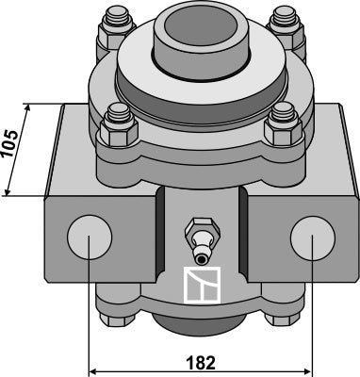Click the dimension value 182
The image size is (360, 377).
coord(201,363)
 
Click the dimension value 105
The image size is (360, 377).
coord(9,143)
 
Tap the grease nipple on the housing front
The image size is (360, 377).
coord(202,241)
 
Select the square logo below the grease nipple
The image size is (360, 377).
coord(202,286)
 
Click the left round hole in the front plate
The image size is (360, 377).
coord(90,238)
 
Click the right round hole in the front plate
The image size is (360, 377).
coord(313,238)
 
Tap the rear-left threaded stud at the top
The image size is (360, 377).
coord(117,18)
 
